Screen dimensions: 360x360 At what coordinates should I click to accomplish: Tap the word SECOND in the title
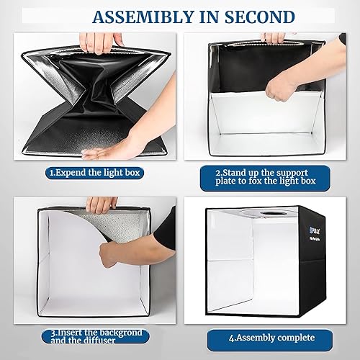248,16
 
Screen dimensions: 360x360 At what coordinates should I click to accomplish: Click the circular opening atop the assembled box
273,215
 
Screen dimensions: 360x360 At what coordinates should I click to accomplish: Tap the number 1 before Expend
50,172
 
